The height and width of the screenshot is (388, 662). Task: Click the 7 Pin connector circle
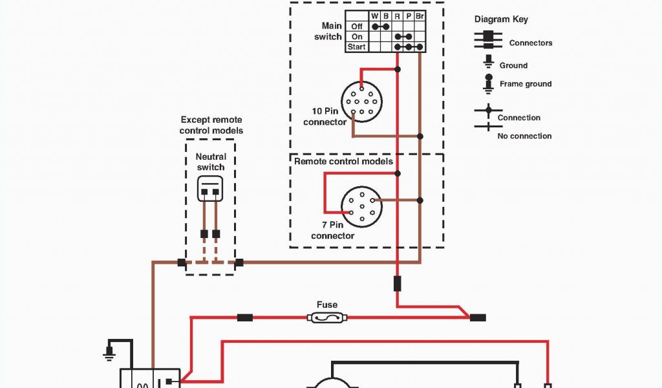[x=362, y=206]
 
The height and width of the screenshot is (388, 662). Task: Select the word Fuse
[x=327, y=305]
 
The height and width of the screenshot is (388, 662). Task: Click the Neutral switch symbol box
[x=210, y=189]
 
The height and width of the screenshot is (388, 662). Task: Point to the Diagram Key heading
[x=501, y=19]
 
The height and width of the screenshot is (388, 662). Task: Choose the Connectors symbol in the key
[x=488, y=39]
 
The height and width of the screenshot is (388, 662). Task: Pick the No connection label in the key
[x=524, y=136]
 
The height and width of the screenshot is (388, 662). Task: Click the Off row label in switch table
[x=357, y=27]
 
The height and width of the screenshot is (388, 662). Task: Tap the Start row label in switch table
[x=356, y=47]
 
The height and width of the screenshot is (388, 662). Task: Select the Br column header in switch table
[x=419, y=16]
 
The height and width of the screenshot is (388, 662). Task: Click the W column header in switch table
[x=374, y=16]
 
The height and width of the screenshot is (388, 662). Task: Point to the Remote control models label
[x=343, y=161]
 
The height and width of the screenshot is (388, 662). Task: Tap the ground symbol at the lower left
[x=109, y=351]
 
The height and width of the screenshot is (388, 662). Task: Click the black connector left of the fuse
[x=245, y=318]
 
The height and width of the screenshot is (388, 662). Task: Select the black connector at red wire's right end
[x=478, y=318]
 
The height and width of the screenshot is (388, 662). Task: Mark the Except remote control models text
[x=211, y=125]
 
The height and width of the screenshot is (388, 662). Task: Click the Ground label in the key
[x=513, y=65]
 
